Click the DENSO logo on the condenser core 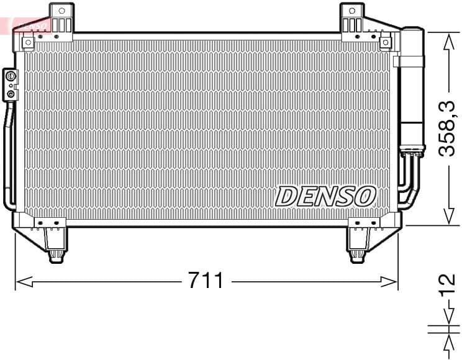point(325,196)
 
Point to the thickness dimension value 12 point(448,289)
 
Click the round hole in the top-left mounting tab point(61,10)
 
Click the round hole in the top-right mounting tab point(352,10)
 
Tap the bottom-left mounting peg point(55,254)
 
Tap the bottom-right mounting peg point(357,254)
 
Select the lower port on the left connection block point(11,93)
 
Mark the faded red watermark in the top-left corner point(22,24)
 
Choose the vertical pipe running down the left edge point(8,155)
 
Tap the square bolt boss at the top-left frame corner point(28,42)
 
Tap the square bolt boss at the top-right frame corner point(386,42)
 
